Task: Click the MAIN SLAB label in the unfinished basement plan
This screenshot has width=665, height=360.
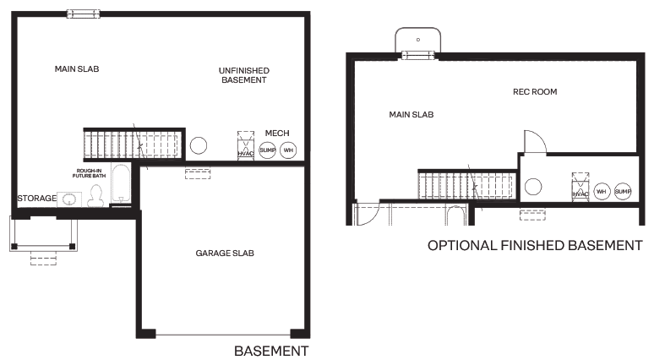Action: (77, 68)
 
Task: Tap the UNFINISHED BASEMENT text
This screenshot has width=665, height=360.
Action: (243, 74)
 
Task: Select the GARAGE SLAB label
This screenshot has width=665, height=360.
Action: (225, 253)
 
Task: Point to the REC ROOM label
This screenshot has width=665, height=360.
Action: (535, 91)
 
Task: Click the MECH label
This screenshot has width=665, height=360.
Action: (277, 134)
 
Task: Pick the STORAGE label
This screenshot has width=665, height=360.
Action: (36, 199)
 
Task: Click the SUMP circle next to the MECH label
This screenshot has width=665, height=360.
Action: (267, 150)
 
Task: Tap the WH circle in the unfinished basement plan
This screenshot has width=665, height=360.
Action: (288, 150)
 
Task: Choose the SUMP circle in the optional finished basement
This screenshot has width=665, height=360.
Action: (623, 192)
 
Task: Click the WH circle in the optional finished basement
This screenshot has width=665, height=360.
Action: (602, 192)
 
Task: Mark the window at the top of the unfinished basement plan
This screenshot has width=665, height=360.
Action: (83, 13)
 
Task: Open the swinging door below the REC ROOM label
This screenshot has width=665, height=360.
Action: (534, 142)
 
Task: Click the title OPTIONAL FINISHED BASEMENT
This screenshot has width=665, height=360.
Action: (535, 246)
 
